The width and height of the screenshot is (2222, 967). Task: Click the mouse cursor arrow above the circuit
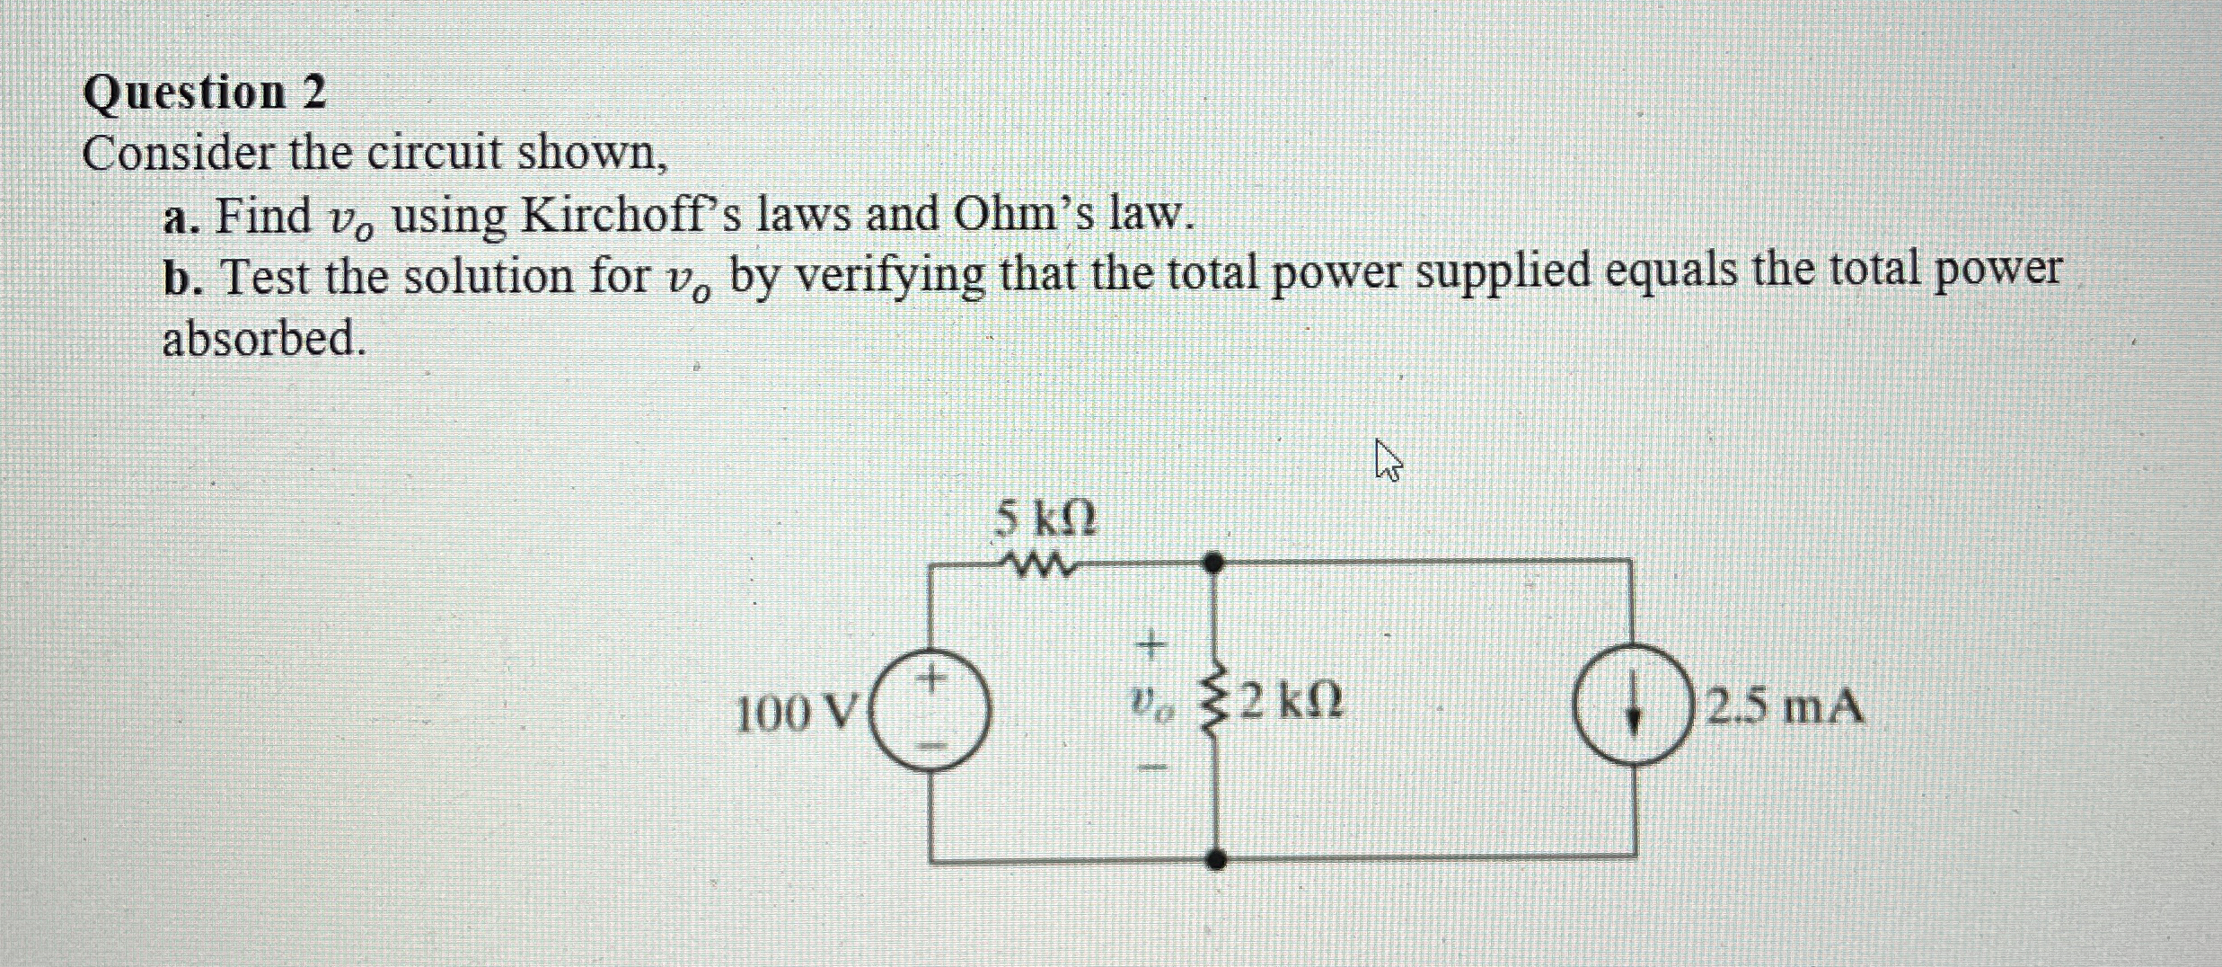pyautogui.click(x=1387, y=461)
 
